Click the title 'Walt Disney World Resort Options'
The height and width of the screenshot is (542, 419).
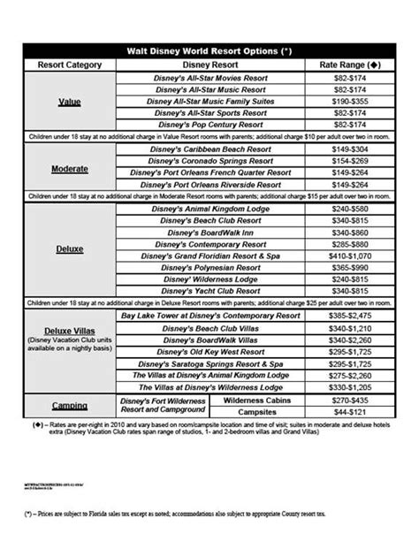(x=209, y=50)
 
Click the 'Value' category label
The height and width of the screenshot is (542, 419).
(x=70, y=102)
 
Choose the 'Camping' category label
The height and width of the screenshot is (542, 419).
(x=70, y=406)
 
